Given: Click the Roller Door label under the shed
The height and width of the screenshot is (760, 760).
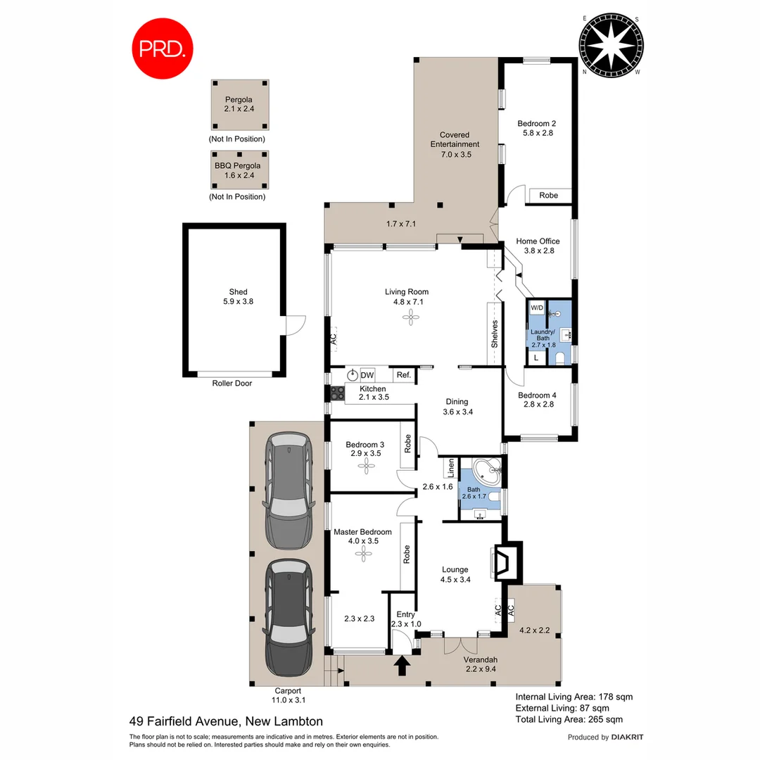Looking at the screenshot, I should pyautogui.click(x=232, y=384).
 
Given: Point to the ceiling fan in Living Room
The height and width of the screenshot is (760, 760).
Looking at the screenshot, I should pyautogui.click(x=410, y=319).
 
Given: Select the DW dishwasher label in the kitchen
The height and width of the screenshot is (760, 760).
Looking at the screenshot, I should pyautogui.click(x=367, y=375).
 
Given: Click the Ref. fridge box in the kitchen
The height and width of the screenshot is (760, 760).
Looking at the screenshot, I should pyautogui.click(x=403, y=375).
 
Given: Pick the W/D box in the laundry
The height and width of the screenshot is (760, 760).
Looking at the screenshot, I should pyautogui.click(x=536, y=308).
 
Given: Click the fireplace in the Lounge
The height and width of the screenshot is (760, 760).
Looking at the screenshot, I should pyautogui.click(x=505, y=562).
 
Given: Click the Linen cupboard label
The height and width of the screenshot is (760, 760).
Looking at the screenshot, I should pyautogui.click(x=448, y=467).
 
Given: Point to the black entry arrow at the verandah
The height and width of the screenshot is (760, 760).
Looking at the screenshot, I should pyautogui.click(x=403, y=666).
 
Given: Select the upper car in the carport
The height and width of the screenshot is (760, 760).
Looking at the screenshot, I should pyautogui.click(x=288, y=490).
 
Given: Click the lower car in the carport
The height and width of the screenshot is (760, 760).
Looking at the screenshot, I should pyautogui.click(x=288, y=619).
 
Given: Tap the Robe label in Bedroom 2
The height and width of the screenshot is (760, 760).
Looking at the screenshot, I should pyautogui.click(x=549, y=195).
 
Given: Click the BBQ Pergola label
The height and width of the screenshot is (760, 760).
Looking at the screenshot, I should pyautogui.click(x=237, y=170).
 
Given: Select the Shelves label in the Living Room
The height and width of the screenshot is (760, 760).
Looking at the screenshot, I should pyautogui.click(x=495, y=334).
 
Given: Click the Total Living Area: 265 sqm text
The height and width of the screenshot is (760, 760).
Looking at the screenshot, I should pyautogui.click(x=569, y=719).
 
